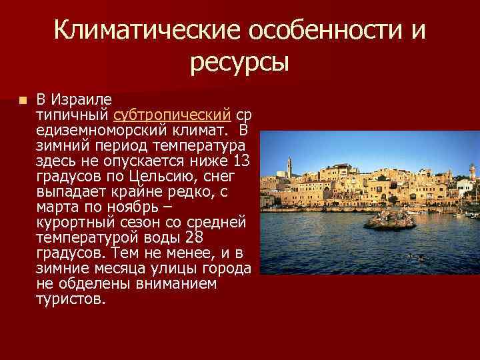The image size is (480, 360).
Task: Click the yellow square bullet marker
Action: click(23, 101)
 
